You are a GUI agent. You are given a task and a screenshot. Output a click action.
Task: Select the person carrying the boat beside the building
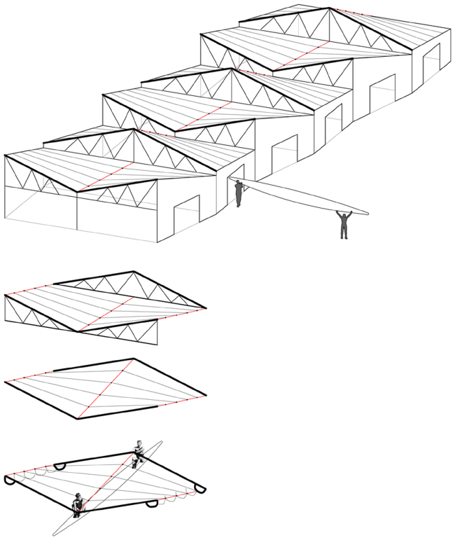239,193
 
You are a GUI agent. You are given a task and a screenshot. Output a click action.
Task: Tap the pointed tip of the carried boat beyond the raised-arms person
367,212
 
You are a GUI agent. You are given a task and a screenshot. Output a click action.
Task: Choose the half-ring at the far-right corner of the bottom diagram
199,489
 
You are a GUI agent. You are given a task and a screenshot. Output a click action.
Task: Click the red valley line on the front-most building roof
105,177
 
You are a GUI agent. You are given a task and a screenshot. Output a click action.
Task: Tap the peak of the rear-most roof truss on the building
329,8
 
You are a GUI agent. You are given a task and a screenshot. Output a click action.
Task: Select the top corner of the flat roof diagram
133,359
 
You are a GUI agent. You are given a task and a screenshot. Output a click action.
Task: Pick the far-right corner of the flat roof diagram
206,396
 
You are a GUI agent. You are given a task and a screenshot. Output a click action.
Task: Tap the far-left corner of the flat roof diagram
6,381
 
